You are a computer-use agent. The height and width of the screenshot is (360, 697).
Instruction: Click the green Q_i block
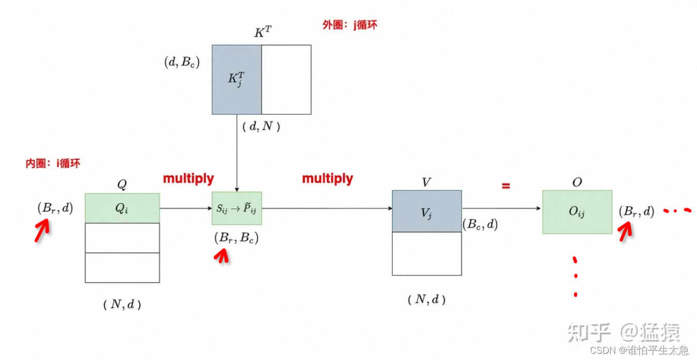click(122, 208)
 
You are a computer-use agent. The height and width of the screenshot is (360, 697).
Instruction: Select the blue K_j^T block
click(236, 79)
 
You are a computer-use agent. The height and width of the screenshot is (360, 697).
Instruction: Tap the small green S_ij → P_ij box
click(237, 208)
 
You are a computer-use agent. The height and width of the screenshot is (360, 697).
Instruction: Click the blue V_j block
click(427, 211)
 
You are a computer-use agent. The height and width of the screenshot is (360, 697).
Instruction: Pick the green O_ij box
click(577, 212)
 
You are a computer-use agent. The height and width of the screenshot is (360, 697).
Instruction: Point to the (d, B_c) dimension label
click(181, 63)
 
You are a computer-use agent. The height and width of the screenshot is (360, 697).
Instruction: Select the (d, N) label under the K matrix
click(261, 126)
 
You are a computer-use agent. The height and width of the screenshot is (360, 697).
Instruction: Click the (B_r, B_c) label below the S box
click(236, 238)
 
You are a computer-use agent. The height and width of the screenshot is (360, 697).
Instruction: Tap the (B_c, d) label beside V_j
click(480, 224)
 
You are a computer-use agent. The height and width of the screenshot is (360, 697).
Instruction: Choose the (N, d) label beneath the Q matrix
click(122, 305)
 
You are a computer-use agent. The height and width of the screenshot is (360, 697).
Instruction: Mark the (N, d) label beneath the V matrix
click(427, 299)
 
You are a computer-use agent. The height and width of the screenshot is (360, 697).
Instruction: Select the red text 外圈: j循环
click(350, 25)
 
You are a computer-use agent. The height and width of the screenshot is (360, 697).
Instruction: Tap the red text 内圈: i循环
click(53, 164)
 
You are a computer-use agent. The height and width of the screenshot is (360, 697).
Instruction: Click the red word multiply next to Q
click(188, 179)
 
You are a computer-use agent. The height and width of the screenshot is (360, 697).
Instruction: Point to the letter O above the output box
click(577, 182)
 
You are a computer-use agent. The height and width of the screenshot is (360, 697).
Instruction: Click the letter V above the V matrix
click(427, 182)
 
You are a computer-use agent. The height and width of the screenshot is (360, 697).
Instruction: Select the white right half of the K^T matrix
click(286, 79)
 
